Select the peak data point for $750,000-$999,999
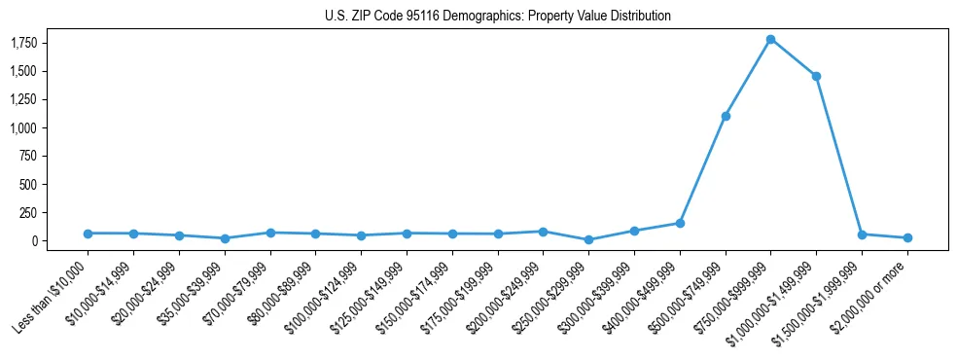click(770, 39)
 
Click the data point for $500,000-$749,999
click(726, 116)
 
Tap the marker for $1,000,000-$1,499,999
click(816, 76)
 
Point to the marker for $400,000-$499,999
click(680, 223)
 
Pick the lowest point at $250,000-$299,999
click(588, 239)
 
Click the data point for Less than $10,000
click(88, 234)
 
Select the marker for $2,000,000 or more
click(907, 237)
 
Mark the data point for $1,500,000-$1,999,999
click(862, 234)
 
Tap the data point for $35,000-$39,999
click(225, 238)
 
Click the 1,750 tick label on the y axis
click(50, 44)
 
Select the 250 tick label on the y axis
click(55, 213)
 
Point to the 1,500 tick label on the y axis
click(50, 72)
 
